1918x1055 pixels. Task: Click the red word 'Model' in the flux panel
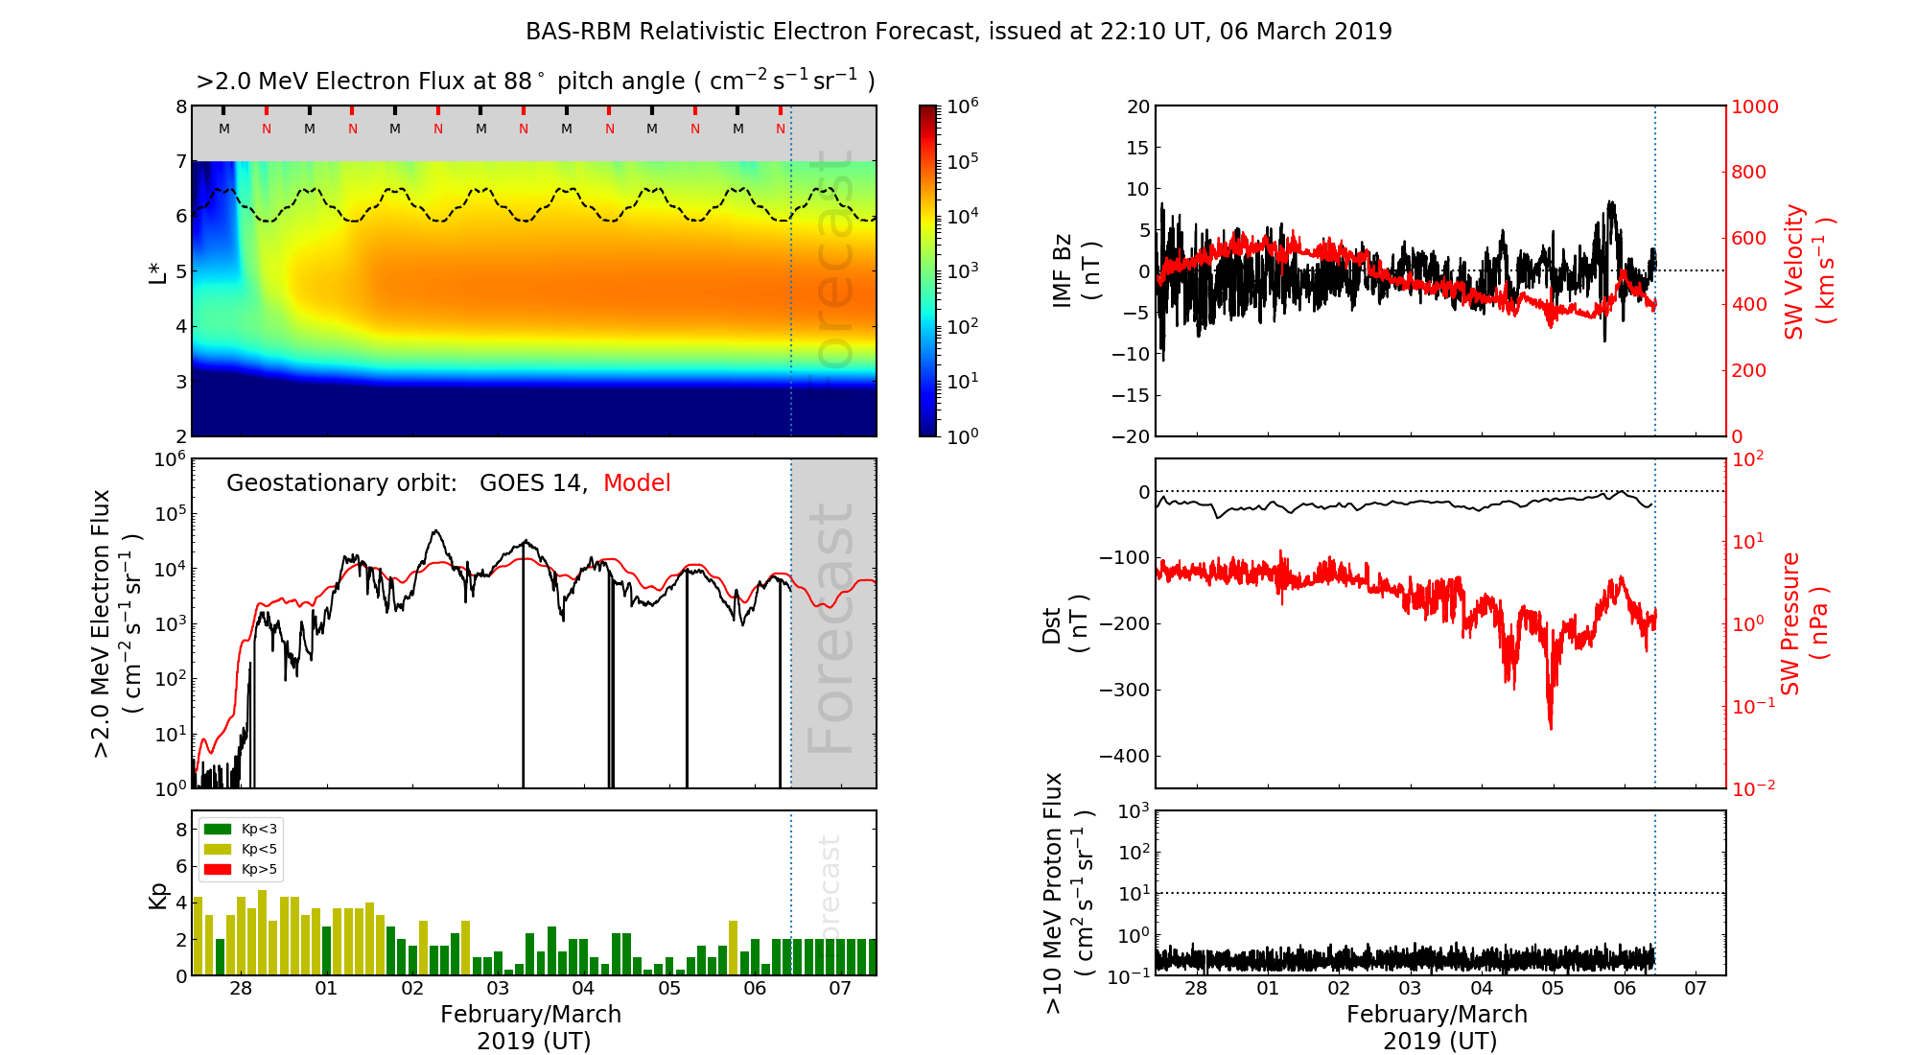coord(637,483)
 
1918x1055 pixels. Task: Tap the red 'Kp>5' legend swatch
coord(218,870)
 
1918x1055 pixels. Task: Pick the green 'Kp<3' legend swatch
coord(218,829)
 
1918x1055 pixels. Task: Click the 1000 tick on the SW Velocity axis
coord(1754,106)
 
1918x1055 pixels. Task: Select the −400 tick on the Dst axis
coord(1124,756)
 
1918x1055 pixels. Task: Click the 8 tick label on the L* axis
coord(181,106)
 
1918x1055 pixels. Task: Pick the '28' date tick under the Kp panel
coord(241,989)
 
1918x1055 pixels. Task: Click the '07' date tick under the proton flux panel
coord(1696,989)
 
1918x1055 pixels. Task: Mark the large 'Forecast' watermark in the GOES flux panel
coord(830,628)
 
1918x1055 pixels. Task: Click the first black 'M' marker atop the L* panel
coord(224,129)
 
